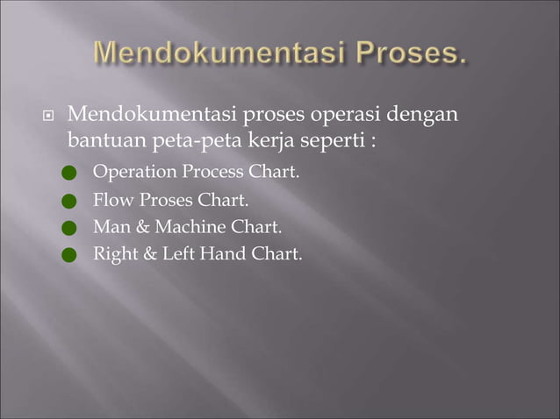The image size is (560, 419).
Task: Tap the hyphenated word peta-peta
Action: tap(190, 140)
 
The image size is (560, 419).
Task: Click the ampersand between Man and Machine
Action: tap(144, 228)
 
